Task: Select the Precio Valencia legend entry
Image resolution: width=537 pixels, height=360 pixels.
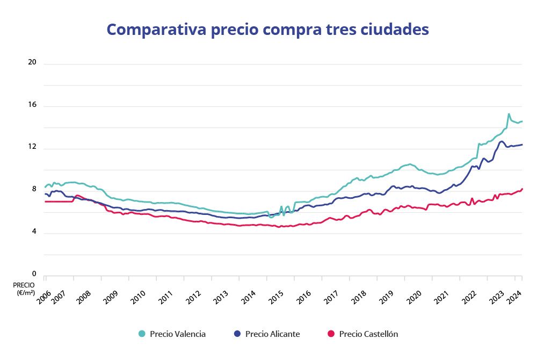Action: (177, 334)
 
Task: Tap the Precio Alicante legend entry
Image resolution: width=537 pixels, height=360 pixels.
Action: (272, 334)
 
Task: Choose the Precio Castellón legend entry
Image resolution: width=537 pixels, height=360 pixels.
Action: (368, 334)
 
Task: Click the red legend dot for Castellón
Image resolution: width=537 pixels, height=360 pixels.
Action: (331, 334)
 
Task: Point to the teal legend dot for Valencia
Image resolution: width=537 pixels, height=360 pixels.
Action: (142, 334)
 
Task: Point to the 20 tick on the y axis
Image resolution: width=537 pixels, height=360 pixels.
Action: (32, 62)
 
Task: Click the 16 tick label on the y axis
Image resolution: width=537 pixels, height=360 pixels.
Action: (32, 105)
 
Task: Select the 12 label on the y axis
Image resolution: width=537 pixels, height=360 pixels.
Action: (32, 147)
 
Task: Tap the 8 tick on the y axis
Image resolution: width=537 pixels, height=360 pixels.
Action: (33, 190)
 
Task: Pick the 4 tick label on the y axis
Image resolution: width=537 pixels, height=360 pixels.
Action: (33, 232)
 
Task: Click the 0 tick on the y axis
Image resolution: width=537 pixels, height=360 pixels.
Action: (33, 274)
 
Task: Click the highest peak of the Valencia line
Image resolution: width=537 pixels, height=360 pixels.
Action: (509, 114)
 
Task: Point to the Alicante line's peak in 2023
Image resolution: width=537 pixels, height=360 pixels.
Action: (501, 141)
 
